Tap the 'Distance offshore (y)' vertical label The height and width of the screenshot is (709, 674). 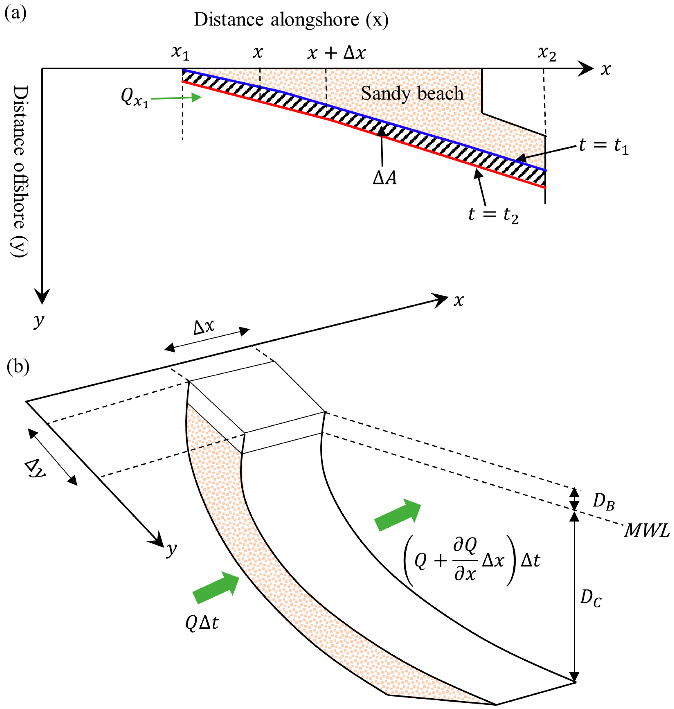[19, 171]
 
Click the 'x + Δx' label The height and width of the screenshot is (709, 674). [337, 53]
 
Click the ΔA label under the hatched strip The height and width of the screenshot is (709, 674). [385, 178]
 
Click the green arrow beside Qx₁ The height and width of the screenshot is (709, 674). [176, 98]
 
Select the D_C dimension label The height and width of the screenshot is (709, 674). [591, 598]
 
